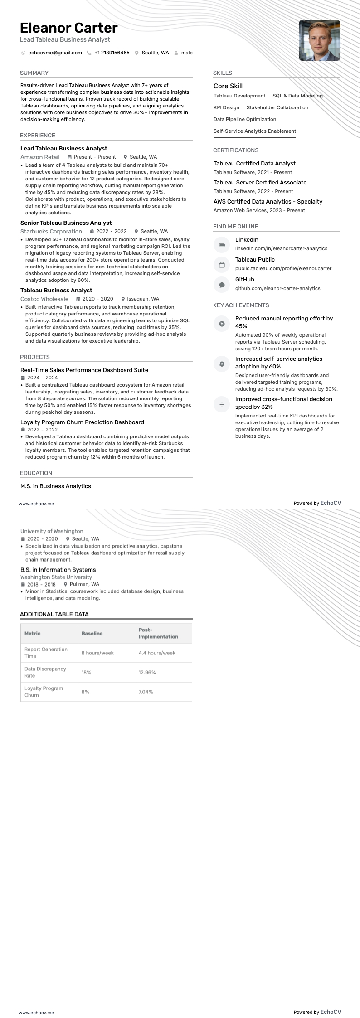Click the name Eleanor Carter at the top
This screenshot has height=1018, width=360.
pos(68,28)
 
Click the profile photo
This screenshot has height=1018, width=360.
pos(319,40)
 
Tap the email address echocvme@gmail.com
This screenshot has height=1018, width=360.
pos(55,53)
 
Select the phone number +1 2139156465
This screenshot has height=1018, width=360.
pos(112,53)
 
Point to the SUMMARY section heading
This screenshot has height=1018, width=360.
pos(34,73)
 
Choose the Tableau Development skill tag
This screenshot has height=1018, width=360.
pos(239,96)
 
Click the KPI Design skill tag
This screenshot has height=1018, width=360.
pos(226,107)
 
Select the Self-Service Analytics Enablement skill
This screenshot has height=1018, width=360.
pos(254,131)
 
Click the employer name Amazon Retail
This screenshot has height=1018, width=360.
pos(40,157)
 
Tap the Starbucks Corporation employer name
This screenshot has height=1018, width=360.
pos(51,231)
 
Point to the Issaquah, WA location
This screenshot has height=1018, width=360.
pos(143,299)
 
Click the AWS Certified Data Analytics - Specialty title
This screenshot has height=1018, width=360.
pos(268,201)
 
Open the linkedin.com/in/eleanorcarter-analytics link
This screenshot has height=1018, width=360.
pos(281,248)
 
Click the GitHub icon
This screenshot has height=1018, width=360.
pos(222,285)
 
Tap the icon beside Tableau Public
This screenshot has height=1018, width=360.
pos(222,265)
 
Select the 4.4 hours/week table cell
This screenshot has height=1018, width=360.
pos(157,653)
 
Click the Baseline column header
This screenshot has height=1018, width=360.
pos(92,633)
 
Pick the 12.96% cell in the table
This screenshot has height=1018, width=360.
pos(147,672)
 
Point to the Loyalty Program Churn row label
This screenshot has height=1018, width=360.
pos(44,691)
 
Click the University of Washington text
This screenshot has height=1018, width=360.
pos(52,531)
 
